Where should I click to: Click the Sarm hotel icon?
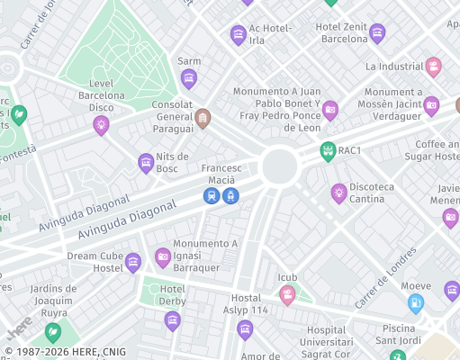[189, 79]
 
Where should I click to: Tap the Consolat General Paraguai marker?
[203, 118]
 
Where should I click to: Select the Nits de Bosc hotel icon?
[146, 163]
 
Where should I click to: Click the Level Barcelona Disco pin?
[101, 125]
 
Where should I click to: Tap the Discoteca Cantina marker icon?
[338, 192]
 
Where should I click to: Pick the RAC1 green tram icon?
[328, 150]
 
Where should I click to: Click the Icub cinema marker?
[287, 294]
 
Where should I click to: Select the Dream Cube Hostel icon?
[133, 263]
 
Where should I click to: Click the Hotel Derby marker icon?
[172, 320]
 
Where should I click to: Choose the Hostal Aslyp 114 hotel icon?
[245, 330]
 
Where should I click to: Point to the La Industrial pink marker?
[433, 67]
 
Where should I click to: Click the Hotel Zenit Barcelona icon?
[377, 33]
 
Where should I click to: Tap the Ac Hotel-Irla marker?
[239, 35]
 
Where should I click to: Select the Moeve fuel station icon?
[415, 303]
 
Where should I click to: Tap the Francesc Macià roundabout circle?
[280, 166]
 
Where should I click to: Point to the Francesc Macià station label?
[221, 168]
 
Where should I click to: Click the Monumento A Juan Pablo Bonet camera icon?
[329, 110]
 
